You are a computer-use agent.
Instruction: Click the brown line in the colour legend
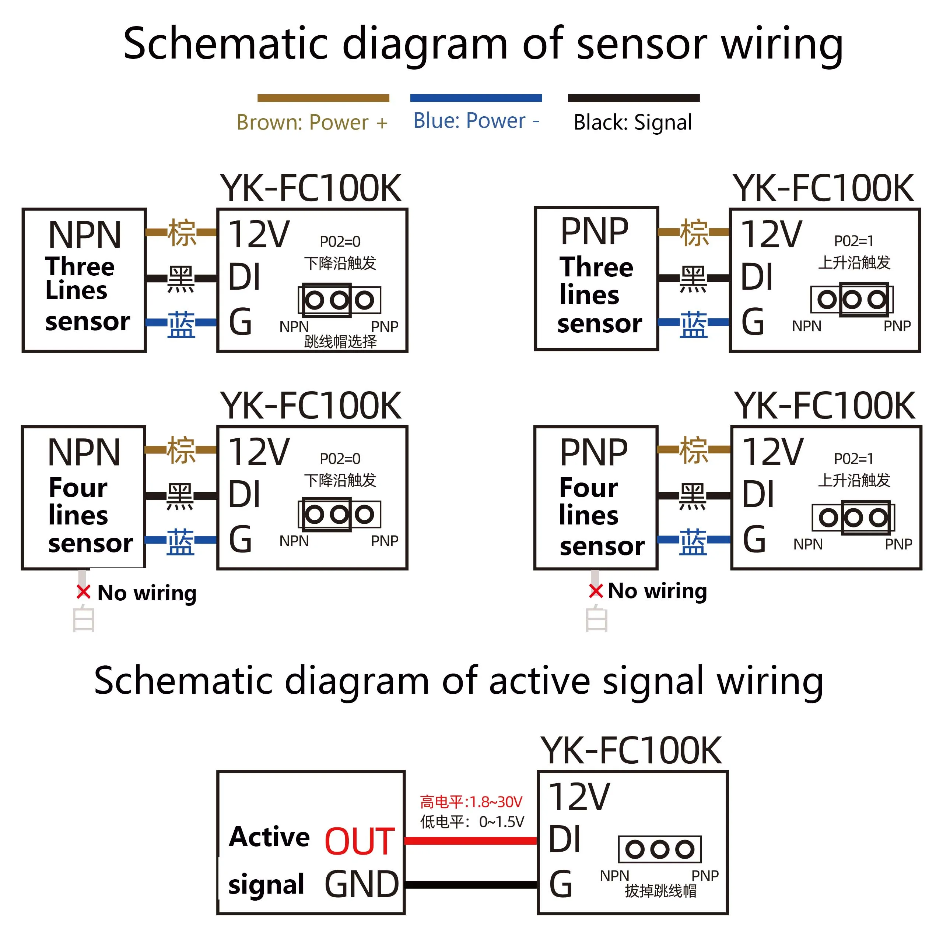(323, 98)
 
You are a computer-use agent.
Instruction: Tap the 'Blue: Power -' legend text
(476, 120)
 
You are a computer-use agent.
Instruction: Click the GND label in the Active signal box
(362, 884)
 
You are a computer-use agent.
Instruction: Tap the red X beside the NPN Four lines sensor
(84, 592)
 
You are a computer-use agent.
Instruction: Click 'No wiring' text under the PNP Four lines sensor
(657, 591)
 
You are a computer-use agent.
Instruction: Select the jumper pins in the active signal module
(659, 849)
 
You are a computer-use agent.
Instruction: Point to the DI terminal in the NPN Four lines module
(245, 494)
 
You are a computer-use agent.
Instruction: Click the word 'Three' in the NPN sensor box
(80, 266)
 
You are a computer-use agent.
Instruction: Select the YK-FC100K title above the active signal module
(631, 751)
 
